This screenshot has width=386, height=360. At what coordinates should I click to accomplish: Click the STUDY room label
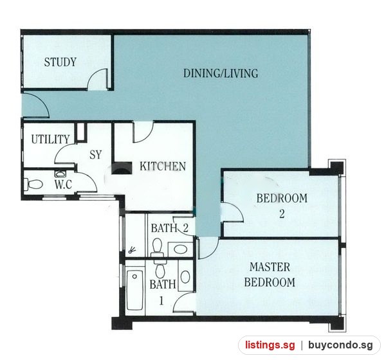click(60, 62)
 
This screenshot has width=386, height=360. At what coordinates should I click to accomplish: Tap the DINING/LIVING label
click(221, 73)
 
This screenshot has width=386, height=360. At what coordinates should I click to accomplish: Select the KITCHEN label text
click(163, 166)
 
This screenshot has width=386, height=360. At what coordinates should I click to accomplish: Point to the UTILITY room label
click(50, 139)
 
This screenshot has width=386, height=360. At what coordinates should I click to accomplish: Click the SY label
click(95, 155)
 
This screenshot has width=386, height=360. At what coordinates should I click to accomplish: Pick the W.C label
click(63, 184)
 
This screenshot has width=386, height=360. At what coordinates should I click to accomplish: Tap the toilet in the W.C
click(33, 184)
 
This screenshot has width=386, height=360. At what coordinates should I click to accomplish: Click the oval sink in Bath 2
click(181, 249)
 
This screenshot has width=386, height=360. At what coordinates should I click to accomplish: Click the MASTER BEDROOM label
click(270, 274)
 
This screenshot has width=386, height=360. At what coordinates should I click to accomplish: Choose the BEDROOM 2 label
click(282, 206)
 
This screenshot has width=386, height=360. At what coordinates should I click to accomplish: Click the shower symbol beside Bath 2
click(132, 250)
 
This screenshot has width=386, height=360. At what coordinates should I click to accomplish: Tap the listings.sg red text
click(270, 345)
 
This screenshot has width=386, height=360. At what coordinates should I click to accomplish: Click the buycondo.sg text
click(340, 345)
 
